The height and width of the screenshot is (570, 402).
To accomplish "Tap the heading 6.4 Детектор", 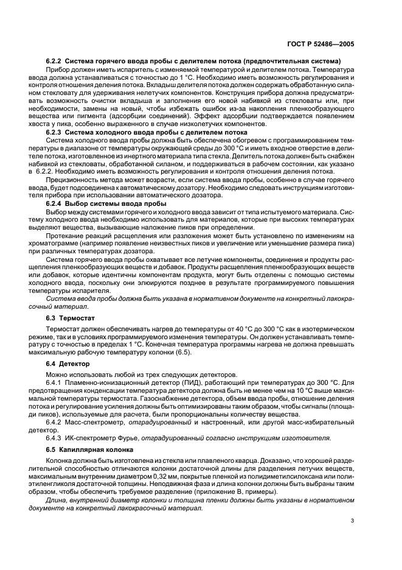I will pyautogui.click(x=66, y=364).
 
